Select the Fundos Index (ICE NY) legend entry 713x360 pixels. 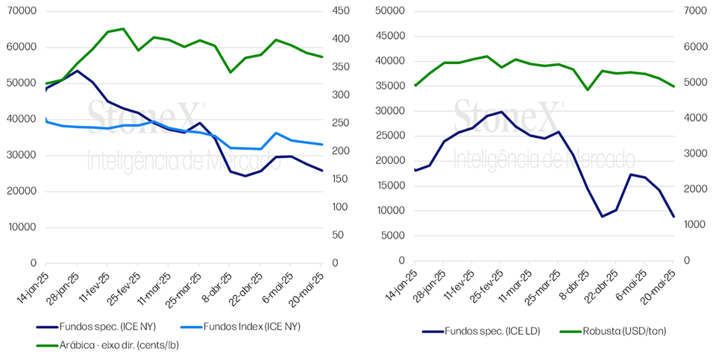[x=240, y=326]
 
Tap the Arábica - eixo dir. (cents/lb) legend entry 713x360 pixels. [x=107, y=345]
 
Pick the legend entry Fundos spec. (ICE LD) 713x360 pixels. [x=480, y=332]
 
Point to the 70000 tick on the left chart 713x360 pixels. [x=22, y=11]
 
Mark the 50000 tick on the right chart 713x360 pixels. [x=389, y=11]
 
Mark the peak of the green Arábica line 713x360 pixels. [x=123, y=28]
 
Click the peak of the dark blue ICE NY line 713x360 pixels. [x=77, y=71]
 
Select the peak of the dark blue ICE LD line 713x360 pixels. [x=501, y=112]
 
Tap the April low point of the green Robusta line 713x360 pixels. [x=587, y=89]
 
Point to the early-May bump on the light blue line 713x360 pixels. [x=275, y=133]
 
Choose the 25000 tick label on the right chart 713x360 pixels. [x=389, y=136]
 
